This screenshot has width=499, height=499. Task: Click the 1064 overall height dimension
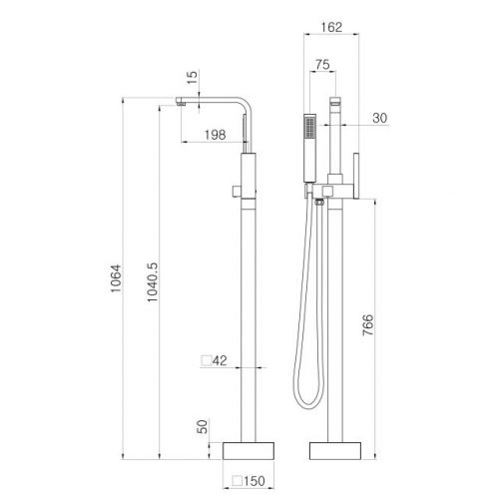tap(116, 278)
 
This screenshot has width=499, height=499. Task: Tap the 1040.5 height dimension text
tap(152, 282)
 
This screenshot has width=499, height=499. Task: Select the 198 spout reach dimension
tap(215, 135)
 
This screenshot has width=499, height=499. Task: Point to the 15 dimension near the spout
tap(192, 77)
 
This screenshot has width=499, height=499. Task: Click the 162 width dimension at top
tap(331, 27)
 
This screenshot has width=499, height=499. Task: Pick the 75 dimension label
tap(322, 64)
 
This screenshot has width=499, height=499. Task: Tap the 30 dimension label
tap(380, 118)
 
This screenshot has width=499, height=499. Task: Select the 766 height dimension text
tap(368, 324)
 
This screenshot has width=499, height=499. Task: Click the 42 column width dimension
tap(220, 360)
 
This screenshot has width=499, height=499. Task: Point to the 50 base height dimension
tap(203, 426)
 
